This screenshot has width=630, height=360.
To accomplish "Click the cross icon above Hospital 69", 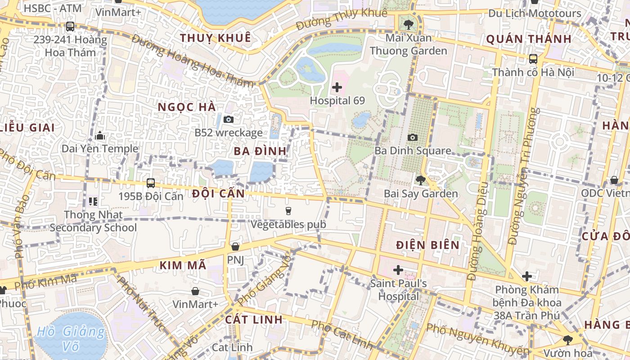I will point(337,87).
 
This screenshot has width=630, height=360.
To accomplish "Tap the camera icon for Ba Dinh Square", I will point(412,137).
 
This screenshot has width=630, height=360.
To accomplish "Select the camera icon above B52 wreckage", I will point(229,119).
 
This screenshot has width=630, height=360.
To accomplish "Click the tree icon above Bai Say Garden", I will point(420,180).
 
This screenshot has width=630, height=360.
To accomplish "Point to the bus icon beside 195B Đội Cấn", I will point(151,183).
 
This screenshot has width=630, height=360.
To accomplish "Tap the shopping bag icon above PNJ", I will point(235,247).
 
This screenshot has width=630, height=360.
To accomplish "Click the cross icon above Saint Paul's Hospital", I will point(398,270).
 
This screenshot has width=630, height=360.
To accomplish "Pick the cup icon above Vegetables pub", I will point(288,211).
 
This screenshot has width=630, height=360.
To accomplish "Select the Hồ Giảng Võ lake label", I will point(71,339).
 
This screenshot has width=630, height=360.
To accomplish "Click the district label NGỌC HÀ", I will point(187,107).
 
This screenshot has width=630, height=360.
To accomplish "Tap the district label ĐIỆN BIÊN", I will point(428,245).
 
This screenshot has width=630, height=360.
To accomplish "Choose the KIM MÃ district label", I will point(183,265).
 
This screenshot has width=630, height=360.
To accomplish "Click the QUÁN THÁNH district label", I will point(529,39).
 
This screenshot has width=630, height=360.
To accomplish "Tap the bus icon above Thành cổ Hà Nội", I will point(533,58).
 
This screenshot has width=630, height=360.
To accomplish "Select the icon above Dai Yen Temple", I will point(100,135).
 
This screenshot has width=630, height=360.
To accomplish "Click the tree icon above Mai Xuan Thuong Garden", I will point(409,24).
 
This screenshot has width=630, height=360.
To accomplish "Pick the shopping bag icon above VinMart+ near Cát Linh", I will point(195,291).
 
